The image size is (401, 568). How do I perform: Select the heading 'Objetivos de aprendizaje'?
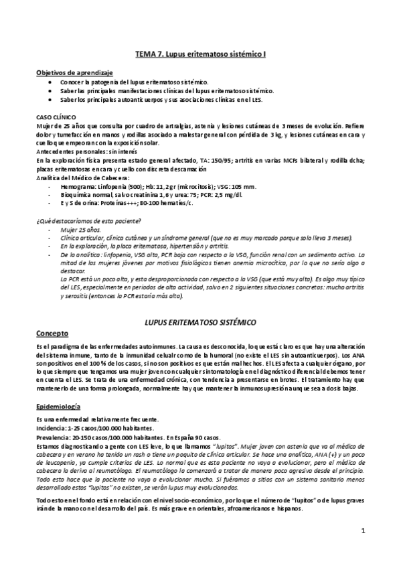[x=74, y=72]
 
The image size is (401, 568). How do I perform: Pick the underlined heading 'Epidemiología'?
[x=59, y=407]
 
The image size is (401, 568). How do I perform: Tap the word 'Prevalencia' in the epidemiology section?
[x=54, y=437]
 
